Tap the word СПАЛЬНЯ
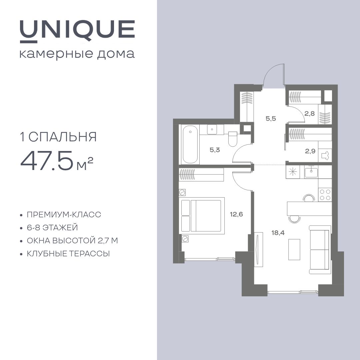pos(63,137)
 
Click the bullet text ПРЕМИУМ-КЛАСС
pos(64,215)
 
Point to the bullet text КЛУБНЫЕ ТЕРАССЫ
pos(68,254)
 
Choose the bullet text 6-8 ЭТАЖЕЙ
pos(52,228)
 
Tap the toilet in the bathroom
pos(233,139)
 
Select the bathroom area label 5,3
pos(215,150)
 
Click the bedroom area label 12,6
pos(236,214)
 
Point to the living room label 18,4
pos(278,233)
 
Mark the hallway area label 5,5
pos(271,119)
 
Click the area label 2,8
pos(309,113)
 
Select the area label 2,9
pos(310,151)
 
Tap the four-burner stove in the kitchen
pos(325,195)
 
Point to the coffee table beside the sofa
pos(294,249)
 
